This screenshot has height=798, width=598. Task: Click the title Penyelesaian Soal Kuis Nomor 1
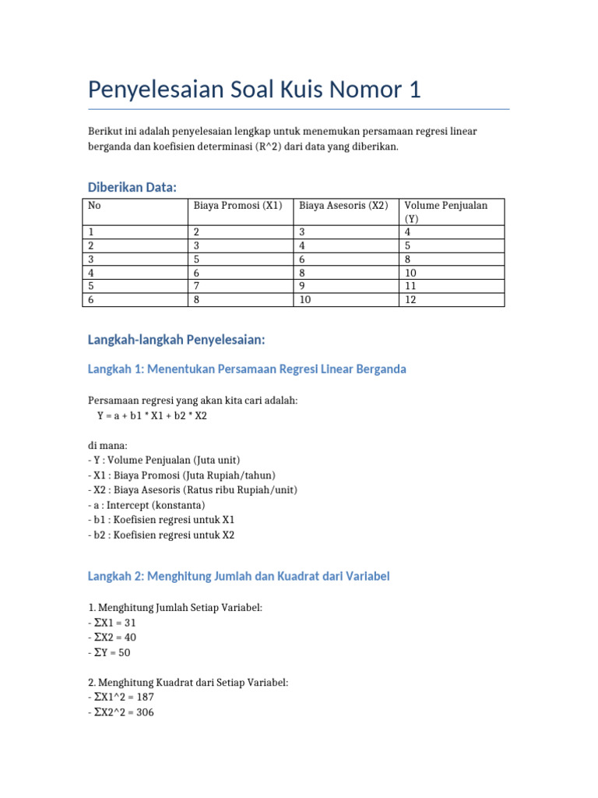click(x=254, y=90)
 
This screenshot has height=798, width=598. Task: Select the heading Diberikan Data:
click(x=132, y=187)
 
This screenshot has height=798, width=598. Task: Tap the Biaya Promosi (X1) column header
click(x=237, y=206)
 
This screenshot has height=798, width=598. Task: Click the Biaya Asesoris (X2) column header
click(x=343, y=206)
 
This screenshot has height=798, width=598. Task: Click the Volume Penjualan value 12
click(x=410, y=299)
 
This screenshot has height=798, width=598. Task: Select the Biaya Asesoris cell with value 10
click(x=304, y=299)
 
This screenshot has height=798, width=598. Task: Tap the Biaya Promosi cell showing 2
click(x=197, y=232)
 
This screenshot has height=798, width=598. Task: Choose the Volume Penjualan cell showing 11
click(x=410, y=286)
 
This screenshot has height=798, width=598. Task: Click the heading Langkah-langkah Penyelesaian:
click(x=177, y=340)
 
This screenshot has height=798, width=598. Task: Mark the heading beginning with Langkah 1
click(x=247, y=369)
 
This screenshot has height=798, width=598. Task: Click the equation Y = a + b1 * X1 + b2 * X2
click(x=152, y=416)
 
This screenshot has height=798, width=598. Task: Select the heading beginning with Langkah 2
click(x=239, y=577)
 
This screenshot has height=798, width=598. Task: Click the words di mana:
click(x=107, y=446)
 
